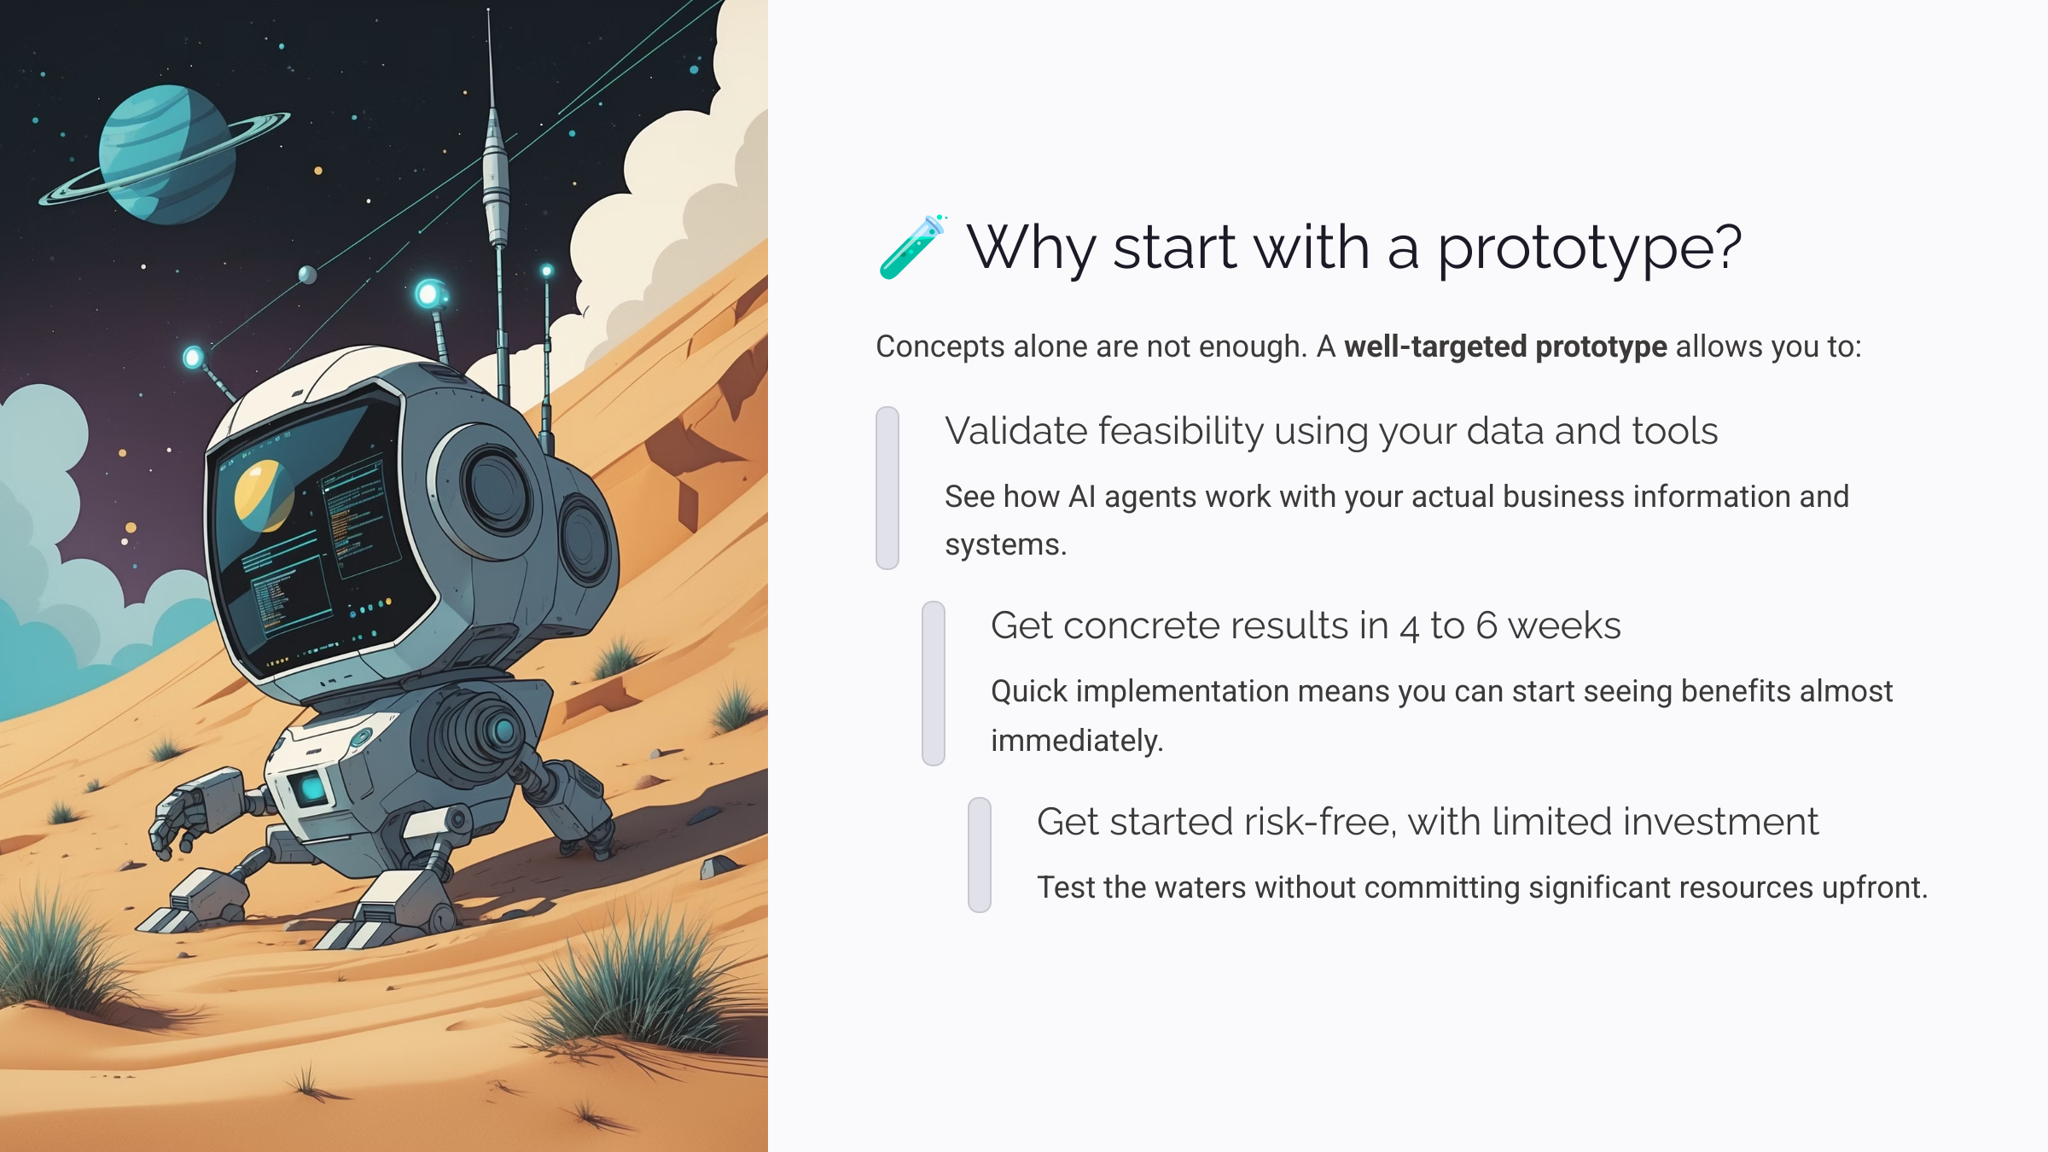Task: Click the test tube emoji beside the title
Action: click(911, 247)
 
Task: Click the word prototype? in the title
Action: click(1589, 248)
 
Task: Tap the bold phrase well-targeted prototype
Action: click(1505, 346)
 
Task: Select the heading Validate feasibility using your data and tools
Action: click(1330, 431)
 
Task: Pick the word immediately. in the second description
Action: click(1077, 741)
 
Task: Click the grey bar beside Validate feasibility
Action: click(887, 487)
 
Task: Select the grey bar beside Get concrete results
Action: click(934, 683)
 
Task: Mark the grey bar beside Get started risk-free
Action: click(980, 854)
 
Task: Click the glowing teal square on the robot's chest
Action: click(311, 788)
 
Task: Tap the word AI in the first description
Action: click(1081, 497)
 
